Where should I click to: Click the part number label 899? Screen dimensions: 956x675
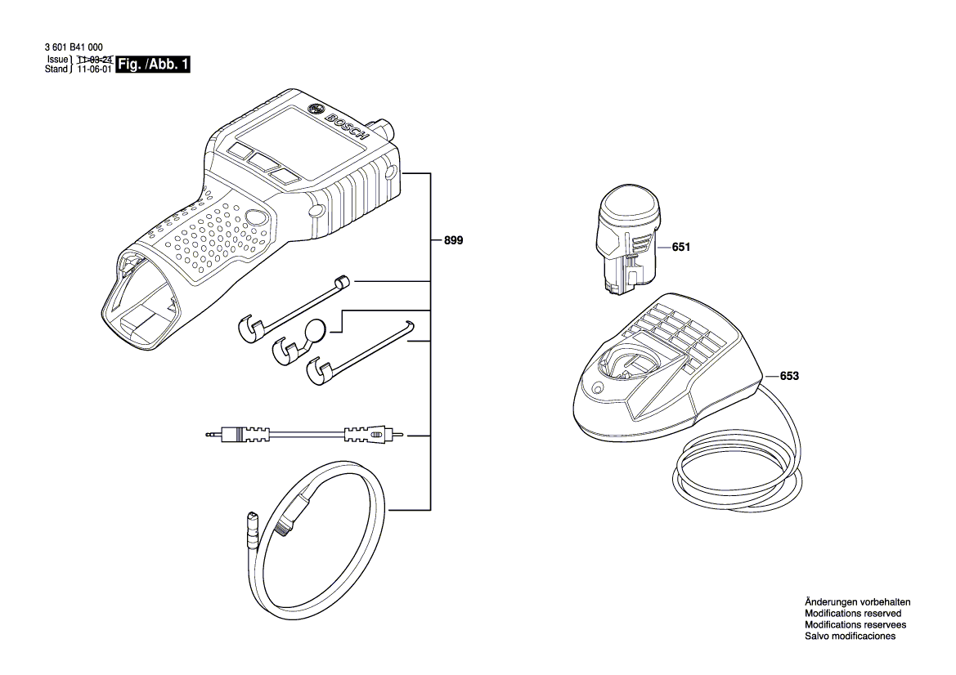coord(453,240)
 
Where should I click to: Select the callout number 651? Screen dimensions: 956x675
coord(681,247)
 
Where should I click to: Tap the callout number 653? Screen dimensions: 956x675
coord(789,376)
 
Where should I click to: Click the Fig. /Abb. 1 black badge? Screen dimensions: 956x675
coord(153,64)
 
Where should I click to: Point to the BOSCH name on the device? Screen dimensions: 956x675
coord(347,128)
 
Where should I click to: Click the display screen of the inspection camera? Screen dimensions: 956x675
coord(301,142)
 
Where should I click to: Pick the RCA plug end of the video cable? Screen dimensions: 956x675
coord(376,435)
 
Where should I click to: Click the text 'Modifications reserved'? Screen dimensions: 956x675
coord(853,614)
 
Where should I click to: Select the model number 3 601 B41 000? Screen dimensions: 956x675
coord(74,47)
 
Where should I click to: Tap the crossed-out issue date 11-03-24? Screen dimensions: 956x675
coord(95,59)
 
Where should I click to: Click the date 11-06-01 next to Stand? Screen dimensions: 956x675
coord(95,69)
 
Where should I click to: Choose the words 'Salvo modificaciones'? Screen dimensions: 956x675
coord(850,636)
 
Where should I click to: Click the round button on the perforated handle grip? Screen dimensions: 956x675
coord(256,217)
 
